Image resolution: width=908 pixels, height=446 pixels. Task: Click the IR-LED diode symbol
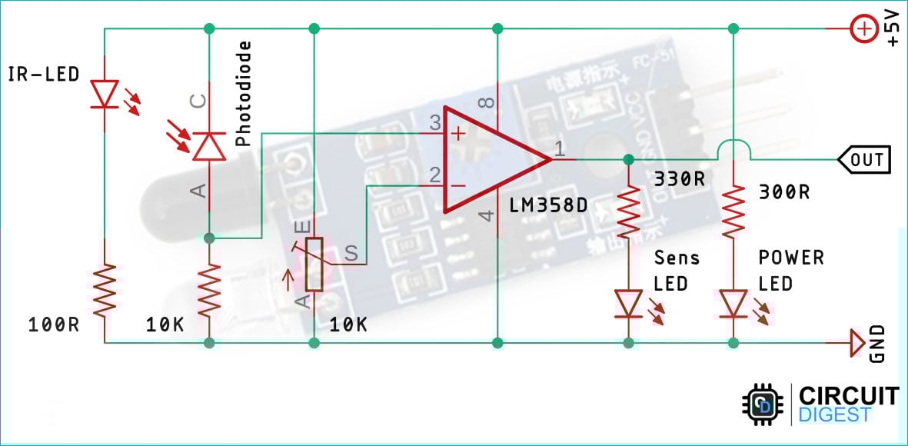pos(103,94)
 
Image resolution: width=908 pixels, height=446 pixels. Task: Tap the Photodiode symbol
pos(208,145)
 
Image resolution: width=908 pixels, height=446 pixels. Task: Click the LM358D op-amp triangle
pos(492,159)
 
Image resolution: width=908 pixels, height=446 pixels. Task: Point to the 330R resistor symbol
pos(629,212)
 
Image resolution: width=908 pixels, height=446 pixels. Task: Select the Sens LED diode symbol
pos(629,303)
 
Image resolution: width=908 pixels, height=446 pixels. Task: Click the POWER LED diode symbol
pos(733,303)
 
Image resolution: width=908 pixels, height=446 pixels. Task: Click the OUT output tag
pos(864,160)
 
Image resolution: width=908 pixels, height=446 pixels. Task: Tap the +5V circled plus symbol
pos(864,30)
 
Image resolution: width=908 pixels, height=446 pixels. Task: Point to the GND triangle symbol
pos(856,342)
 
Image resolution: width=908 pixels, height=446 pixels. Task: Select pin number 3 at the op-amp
pos(435,122)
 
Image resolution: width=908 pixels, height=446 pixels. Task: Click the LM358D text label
pos(548,205)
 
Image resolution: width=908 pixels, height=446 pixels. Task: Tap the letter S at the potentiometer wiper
pos(351,253)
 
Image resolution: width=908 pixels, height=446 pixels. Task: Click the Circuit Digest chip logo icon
pos(764,404)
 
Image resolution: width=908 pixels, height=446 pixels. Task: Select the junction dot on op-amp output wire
pos(629,159)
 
